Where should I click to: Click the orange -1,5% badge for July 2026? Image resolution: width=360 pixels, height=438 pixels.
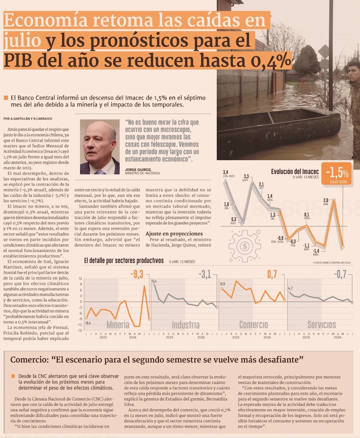point(336,174)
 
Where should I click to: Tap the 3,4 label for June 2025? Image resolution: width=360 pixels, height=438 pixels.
point(225,172)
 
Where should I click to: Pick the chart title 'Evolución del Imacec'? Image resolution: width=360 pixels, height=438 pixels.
point(295,172)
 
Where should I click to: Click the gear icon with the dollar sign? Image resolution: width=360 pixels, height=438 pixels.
point(244,246)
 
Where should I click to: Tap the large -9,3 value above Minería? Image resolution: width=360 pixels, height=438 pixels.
point(137,274)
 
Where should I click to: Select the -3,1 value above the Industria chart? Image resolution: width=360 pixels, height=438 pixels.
point(205,274)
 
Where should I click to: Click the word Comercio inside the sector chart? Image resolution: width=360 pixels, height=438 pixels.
point(253,325)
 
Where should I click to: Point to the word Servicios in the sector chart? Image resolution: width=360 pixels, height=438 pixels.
point(322,325)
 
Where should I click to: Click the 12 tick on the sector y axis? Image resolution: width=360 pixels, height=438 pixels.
point(80,278)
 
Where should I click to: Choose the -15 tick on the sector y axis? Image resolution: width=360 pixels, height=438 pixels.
point(80,330)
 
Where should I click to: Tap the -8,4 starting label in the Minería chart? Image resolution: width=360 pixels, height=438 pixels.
point(88,323)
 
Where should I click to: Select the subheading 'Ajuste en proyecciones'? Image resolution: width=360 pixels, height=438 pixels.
point(174,234)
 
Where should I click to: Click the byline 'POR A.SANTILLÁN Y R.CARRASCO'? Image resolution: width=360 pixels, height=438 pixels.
point(28,119)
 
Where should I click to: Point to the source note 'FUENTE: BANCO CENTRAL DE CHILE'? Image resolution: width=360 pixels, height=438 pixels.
point(332,263)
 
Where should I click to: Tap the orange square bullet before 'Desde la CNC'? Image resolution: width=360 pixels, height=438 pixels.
point(13,376)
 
